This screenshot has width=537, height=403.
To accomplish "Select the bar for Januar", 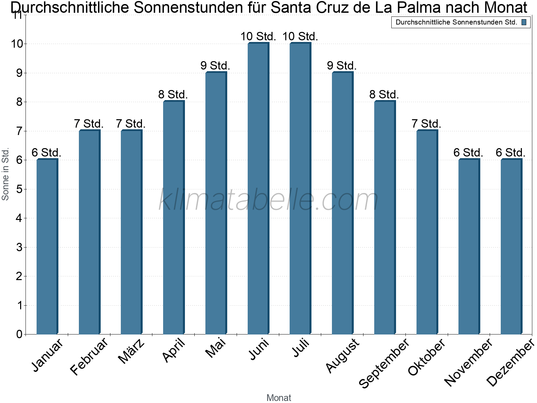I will [47, 247].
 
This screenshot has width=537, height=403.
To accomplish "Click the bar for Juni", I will [258, 188].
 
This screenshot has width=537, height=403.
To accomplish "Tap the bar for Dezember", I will [511, 247].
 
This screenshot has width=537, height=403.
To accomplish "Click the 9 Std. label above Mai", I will [215, 65].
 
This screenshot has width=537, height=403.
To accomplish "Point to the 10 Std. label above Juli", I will [300, 36].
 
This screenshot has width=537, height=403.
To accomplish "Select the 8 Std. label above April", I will [173, 95].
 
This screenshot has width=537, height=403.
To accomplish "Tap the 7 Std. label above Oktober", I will [426, 124].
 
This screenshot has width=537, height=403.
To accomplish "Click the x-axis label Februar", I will [89, 357].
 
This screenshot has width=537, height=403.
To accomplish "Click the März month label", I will [132, 352].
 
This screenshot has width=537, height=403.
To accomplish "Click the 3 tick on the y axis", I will [19, 247].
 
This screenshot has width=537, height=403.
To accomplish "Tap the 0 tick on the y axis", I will [19, 334].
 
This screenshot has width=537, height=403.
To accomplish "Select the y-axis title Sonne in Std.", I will [5, 174].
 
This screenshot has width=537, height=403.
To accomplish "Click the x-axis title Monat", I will [279, 398].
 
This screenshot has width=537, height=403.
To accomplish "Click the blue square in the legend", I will [524, 23].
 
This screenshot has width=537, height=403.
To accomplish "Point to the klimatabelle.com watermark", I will [268, 200].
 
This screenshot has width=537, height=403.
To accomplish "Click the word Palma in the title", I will [414, 7].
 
